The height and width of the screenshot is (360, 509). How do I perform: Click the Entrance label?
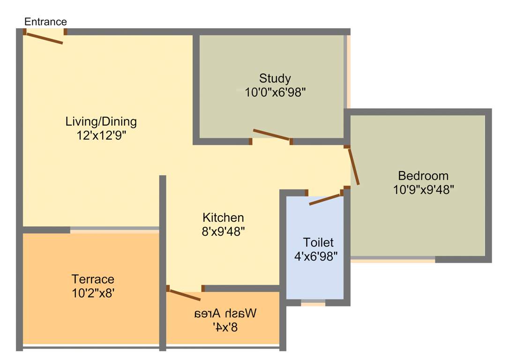click(45, 22)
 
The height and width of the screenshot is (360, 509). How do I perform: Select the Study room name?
click(275, 78)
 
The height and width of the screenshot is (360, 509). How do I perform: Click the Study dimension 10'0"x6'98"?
click(275, 92)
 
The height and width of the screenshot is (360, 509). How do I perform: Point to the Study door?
click(272, 135)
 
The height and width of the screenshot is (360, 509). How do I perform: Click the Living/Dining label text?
click(101, 122)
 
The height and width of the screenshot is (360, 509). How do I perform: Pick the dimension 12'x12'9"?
click(101, 136)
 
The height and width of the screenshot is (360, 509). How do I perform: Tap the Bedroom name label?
click(423, 176)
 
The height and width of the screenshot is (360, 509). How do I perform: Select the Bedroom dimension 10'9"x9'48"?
click(423, 190)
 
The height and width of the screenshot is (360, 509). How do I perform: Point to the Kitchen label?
click(223, 218)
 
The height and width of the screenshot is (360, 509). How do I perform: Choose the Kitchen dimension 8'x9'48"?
click(223, 232)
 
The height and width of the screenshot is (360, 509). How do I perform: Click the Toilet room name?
click(318, 243)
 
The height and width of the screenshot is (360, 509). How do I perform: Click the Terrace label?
click(93, 279)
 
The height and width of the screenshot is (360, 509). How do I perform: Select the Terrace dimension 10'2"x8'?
click(93, 293)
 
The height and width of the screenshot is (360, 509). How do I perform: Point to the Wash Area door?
click(184, 295)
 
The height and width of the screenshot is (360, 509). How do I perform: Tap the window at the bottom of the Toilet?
click(313, 303)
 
